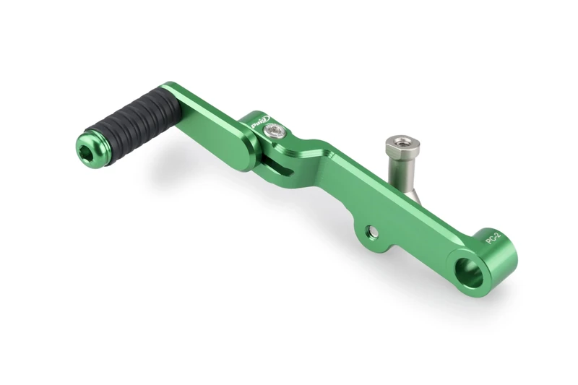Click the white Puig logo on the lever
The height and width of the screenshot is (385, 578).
coord(259,122)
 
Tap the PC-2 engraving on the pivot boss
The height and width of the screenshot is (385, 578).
coord(493,236)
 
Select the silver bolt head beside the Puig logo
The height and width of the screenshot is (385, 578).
coord(275,131)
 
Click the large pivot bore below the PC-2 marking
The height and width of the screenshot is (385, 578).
coord(469,271)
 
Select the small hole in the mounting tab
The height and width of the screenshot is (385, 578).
coord(372,232)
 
